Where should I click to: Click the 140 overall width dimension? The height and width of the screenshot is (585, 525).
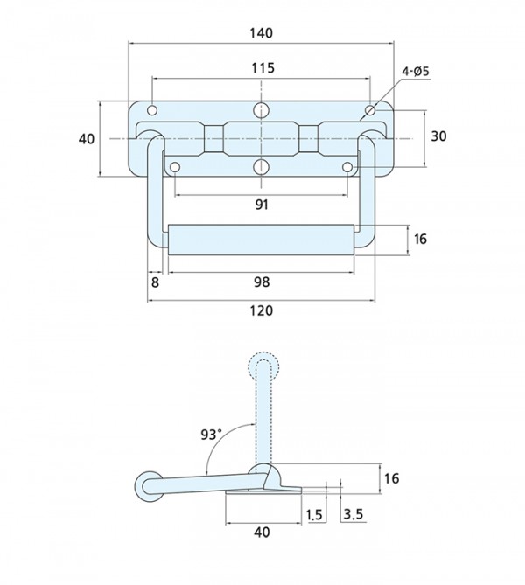coord(262,33)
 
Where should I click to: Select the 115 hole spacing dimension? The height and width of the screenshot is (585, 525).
coord(262,68)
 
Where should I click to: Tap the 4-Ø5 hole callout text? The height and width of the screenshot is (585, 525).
coord(416,71)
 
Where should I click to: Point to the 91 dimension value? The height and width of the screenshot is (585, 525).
coord(262,205)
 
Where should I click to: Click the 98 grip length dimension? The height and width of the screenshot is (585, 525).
coord(262,282)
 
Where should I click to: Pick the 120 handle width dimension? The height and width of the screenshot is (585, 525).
coord(262,310)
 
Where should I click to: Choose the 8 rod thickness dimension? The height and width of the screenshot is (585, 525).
coord(156,282)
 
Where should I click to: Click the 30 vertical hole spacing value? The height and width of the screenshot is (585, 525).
coord(438,136)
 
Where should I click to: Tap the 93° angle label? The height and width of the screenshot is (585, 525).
coord(211,435)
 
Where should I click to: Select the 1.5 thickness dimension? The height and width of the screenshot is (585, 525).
coord(314,515)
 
